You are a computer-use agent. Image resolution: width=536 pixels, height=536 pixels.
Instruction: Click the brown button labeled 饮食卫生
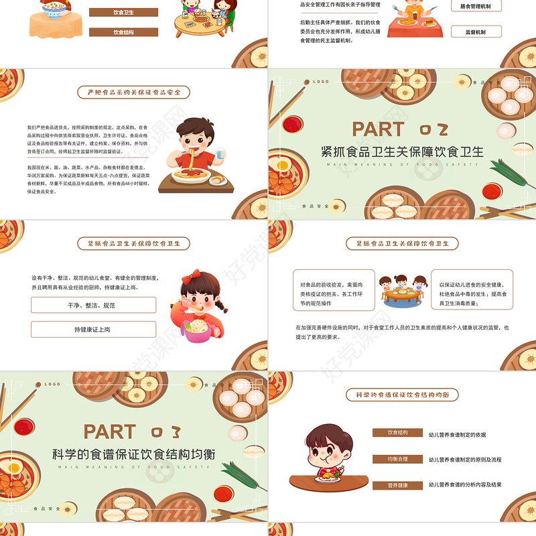point(123,12)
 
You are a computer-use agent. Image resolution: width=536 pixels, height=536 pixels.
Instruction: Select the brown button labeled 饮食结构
point(123,31)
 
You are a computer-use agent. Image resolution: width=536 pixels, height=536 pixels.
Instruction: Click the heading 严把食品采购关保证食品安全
point(134,92)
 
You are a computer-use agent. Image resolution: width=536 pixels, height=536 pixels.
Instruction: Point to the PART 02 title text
point(400,129)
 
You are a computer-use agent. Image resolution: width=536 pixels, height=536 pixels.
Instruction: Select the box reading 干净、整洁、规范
point(93,305)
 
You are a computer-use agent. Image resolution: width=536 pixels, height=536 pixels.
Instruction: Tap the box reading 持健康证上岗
point(93,329)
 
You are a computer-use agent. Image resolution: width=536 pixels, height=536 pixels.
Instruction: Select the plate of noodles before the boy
point(190,176)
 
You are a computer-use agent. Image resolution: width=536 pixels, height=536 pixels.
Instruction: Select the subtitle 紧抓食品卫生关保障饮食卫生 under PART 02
point(402,151)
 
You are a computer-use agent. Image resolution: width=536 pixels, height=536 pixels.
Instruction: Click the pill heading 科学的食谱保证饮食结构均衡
point(402,395)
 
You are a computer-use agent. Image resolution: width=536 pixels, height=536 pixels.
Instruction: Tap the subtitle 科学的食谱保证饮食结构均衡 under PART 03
point(134,454)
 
